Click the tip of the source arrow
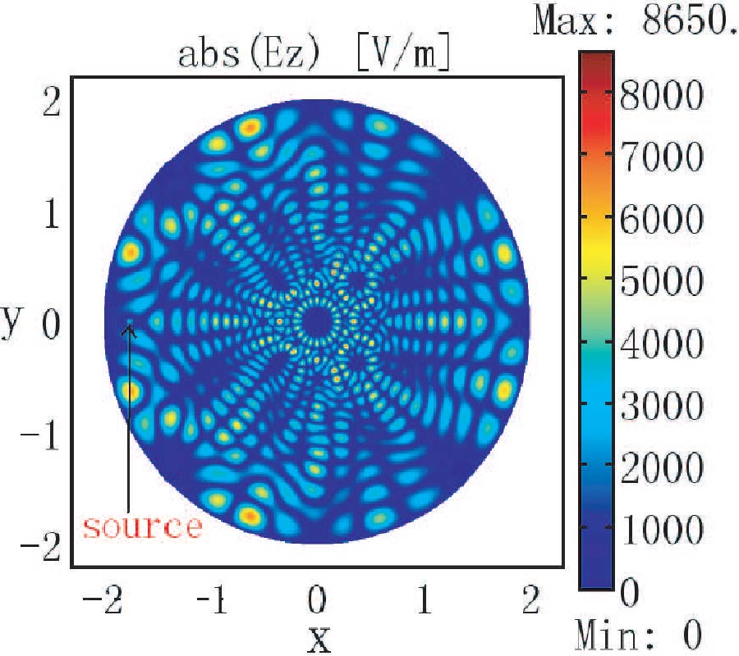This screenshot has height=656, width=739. point(129,326)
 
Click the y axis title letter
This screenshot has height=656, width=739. point(11,321)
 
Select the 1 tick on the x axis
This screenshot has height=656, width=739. point(425,603)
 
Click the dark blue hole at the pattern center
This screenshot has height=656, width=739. point(314,320)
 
